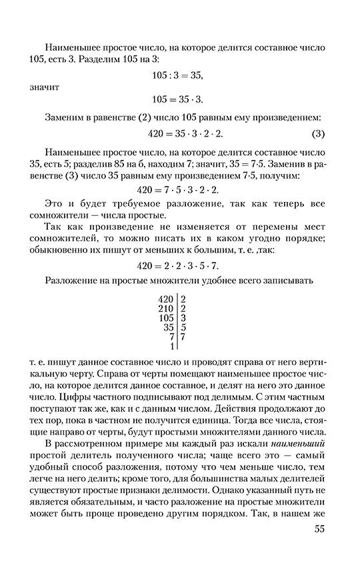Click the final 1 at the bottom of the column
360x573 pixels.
coord(172,346)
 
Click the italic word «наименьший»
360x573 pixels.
coord(297,447)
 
